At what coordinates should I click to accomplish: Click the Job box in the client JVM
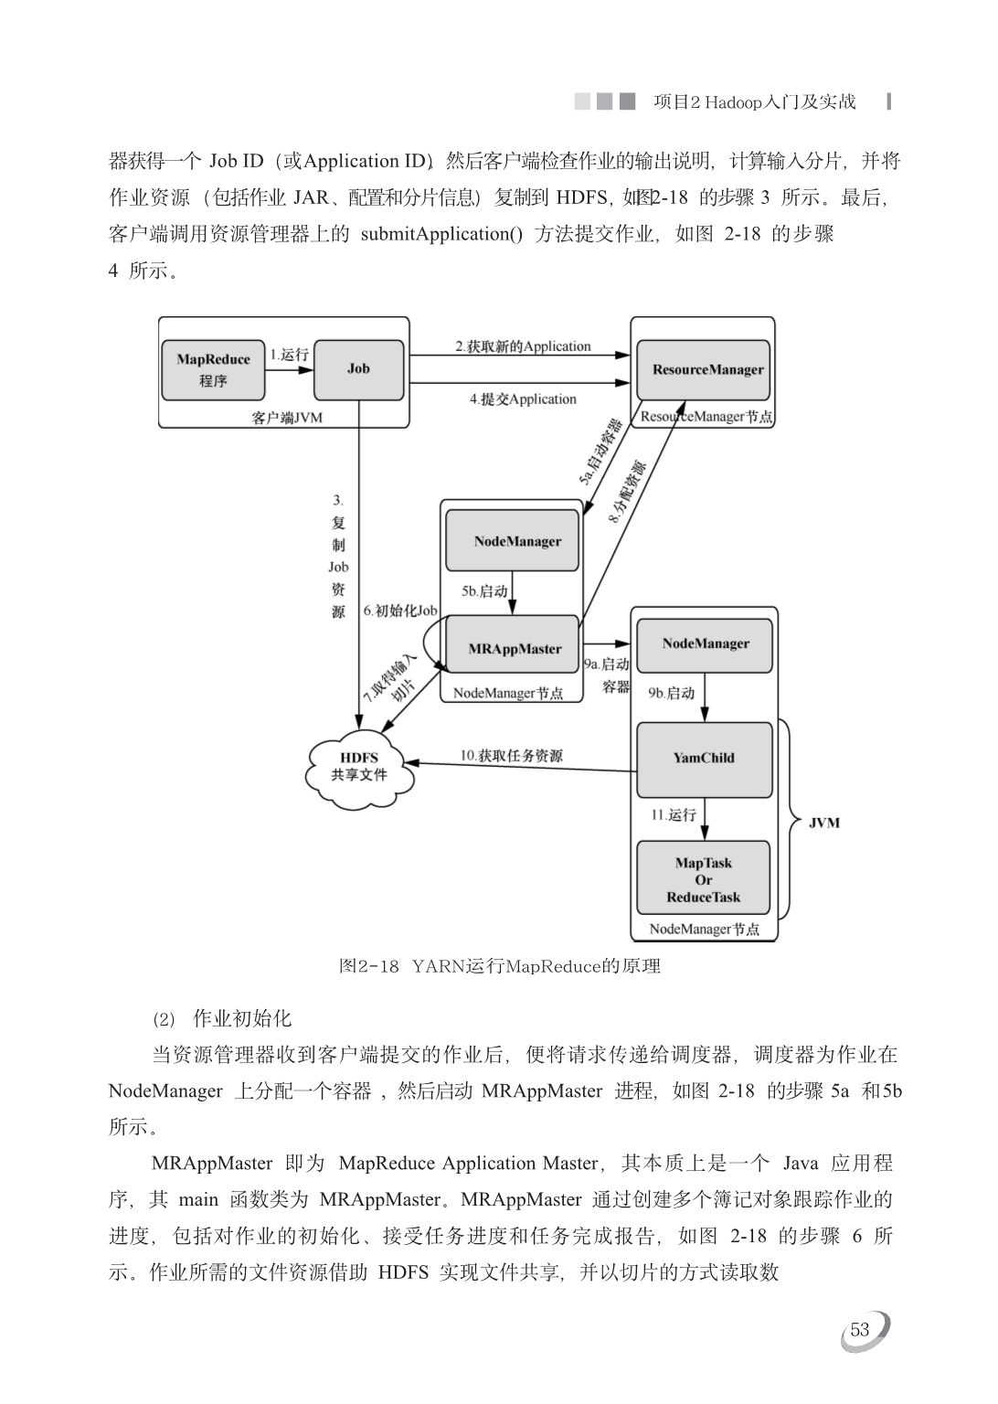[x=358, y=370]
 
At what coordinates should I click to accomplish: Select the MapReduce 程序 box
[x=213, y=370]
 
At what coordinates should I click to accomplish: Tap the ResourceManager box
[x=704, y=370]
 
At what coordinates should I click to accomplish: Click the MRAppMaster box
[x=513, y=643]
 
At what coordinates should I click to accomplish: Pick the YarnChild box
[x=704, y=759]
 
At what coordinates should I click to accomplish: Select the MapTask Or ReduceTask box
[x=704, y=877]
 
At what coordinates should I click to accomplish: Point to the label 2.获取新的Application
[x=523, y=346]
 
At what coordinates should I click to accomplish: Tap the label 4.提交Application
[x=523, y=399]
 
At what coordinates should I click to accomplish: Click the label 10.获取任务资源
[x=512, y=755]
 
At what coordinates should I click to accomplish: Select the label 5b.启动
[x=484, y=591]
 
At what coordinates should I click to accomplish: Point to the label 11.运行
[x=674, y=814]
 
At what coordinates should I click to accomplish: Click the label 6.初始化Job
[x=400, y=611]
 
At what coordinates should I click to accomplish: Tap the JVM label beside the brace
[x=823, y=823]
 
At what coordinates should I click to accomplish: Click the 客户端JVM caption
[x=286, y=418]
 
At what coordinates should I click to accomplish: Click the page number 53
[x=860, y=1329]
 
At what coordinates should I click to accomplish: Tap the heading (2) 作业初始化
[x=222, y=1018]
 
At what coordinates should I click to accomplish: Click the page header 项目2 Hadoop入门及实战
[x=754, y=101]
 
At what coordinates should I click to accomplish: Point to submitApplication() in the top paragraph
[x=441, y=234]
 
